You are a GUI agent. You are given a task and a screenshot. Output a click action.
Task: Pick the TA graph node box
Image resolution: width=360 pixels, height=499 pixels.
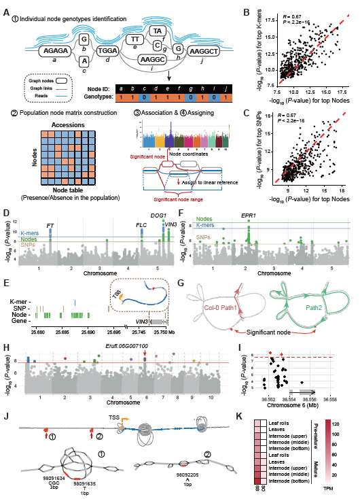coord(157,31)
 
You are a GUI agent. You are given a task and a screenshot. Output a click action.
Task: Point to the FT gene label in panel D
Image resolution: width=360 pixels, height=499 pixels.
coord(51,225)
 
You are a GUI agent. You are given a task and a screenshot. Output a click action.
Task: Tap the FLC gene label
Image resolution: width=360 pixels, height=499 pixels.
coord(142,225)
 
